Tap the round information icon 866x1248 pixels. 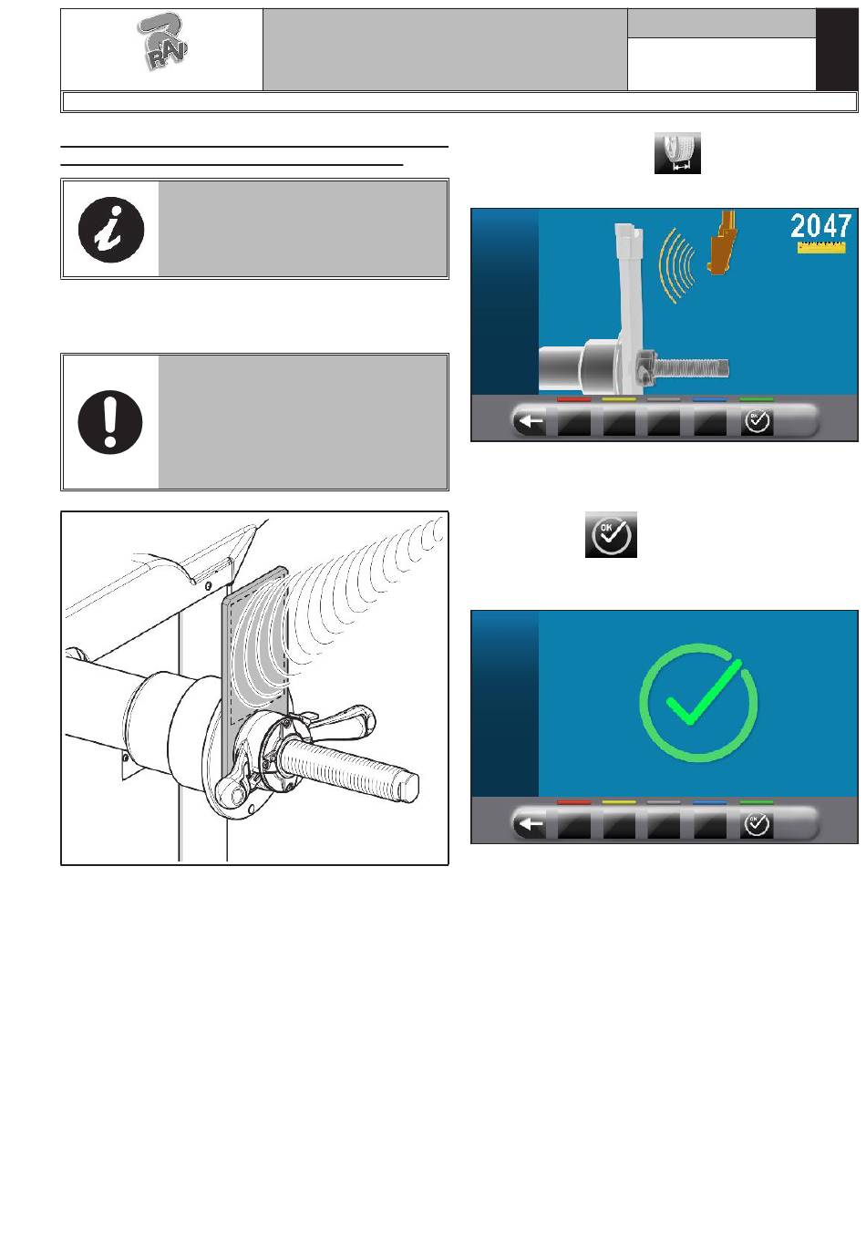pos(111,230)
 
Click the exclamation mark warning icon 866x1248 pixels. pos(110,422)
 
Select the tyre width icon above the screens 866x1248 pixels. pos(677,153)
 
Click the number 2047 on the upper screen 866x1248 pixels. pos(820,226)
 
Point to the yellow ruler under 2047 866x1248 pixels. pos(820,247)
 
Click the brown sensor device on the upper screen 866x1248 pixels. pos(722,242)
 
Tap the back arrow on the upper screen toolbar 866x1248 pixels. pos(530,422)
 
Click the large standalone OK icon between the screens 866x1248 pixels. pos(611,534)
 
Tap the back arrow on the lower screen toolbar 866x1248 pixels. pos(530,823)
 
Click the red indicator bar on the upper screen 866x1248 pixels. pos(574,399)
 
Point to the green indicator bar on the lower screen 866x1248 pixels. pos(757,801)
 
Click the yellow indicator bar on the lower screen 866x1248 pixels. pos(619,801)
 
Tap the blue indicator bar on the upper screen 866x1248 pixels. pos(710,399)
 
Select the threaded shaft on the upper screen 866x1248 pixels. pos(691,367)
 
